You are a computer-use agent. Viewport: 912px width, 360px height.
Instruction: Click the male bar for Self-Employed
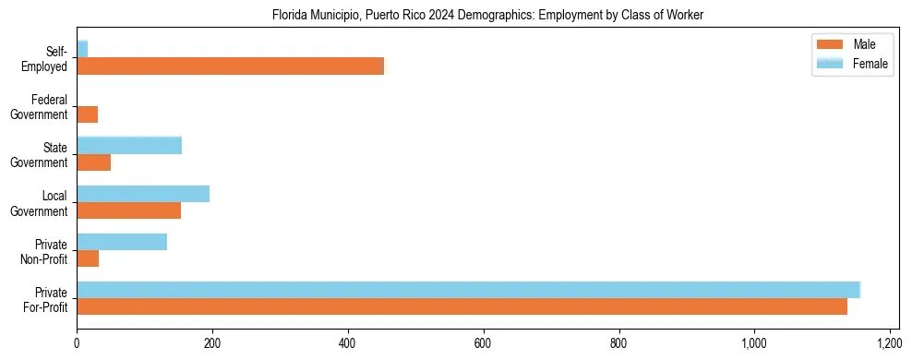click(x=230, y=66)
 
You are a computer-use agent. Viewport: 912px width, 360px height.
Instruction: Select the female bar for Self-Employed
click(x=82, y=49)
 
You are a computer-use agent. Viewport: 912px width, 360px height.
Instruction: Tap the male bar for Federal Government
click(x=87, y=114)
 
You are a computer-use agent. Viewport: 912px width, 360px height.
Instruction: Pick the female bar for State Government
click(x=129, y=145)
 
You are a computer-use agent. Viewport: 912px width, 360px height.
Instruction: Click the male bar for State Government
click(x=93, y=162)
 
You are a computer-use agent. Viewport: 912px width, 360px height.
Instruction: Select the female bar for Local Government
click(x=143, y=194)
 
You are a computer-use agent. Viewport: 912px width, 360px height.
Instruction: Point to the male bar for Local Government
click(x=128, y=210)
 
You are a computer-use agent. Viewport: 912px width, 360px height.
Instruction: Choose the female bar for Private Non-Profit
click(x=122, y=242)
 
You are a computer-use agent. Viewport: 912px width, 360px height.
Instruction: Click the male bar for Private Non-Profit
click(x=88, y=259)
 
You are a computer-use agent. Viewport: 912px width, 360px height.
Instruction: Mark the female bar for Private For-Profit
click(x=468, y=290)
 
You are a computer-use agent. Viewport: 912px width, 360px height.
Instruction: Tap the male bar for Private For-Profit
click(x=462, y=307)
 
